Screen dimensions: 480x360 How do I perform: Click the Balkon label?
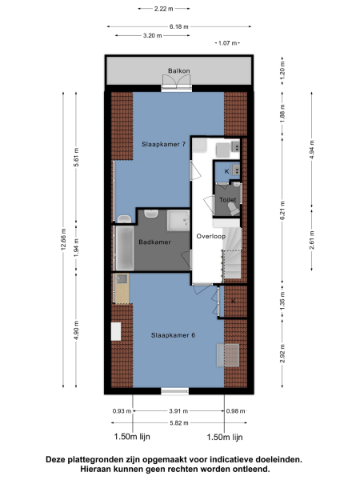tap(178, 71)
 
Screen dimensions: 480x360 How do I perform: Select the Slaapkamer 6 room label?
tap(174, 334)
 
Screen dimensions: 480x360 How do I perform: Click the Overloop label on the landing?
tap(210, 237)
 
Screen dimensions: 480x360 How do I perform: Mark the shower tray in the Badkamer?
tap(173, 222)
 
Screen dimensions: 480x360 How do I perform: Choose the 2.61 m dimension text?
tap(311, 238)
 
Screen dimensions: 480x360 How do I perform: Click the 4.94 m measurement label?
tap(311, 150)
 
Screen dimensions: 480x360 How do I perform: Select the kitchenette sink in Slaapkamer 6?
tap(122, 279)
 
